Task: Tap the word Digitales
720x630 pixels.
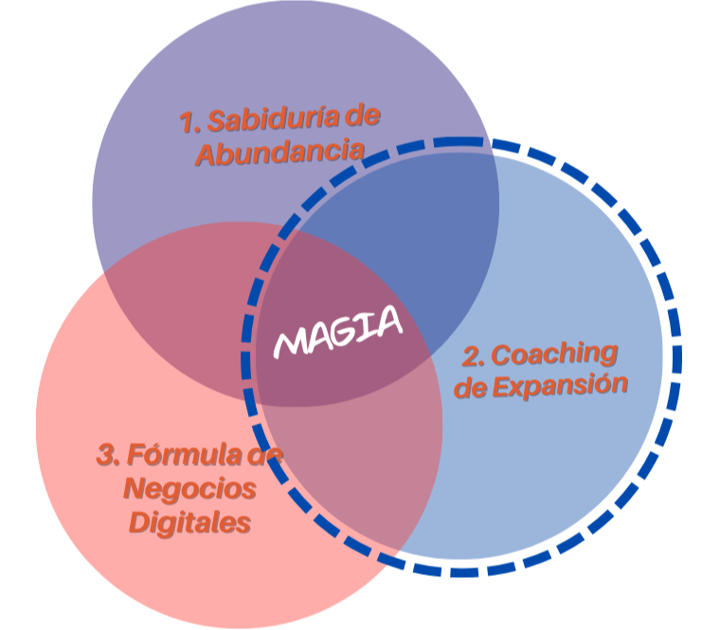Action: point(190,522)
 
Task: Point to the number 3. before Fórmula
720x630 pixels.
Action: point(109,457)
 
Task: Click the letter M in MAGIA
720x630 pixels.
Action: point(290,342)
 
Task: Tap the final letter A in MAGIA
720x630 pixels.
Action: point(388,322)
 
